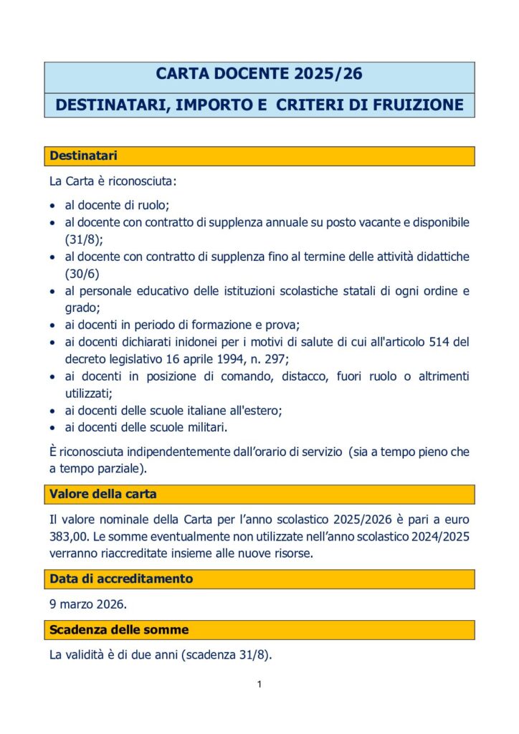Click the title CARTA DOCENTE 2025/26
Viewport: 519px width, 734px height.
click(x=259, y=74)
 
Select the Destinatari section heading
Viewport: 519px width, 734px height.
click(x=83, y=155)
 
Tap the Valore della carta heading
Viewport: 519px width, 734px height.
click(x=103, y=494)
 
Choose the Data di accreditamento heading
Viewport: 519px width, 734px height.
click(x=121, y=578)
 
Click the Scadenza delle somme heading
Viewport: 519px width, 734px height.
click(x=119, y=629)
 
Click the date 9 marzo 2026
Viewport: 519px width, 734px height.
click(x=87, y=604)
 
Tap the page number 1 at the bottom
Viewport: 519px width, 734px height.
click(x=259, y=685)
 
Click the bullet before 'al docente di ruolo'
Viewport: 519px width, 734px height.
click(x=53, y=206)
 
